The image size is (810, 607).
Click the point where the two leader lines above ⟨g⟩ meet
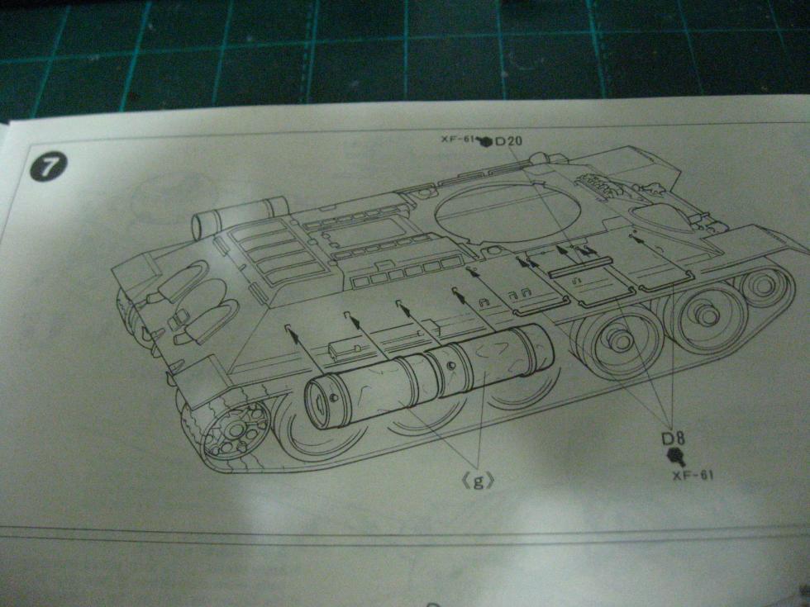tap(479, 464)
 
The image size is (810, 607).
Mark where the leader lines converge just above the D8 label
tap(670, 426)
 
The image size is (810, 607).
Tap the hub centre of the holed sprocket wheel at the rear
tap(236, 428)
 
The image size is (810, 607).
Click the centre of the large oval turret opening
tap(507, 213)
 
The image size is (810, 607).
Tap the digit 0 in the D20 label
tap(516, 141)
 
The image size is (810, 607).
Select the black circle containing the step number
tap(48, 167)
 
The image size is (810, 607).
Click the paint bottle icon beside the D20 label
tap(485, 141)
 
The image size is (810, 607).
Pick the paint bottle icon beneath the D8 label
tap(676, 456)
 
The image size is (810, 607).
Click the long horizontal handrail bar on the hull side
tap(579, 268)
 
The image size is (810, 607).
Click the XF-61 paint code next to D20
tap(458, 140)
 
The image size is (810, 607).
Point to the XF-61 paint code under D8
tap(693, 475)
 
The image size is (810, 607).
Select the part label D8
tap(673, 439)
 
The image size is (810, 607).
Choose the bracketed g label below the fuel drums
tap(478, 481)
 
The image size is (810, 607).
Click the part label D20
tap(508, 141)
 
